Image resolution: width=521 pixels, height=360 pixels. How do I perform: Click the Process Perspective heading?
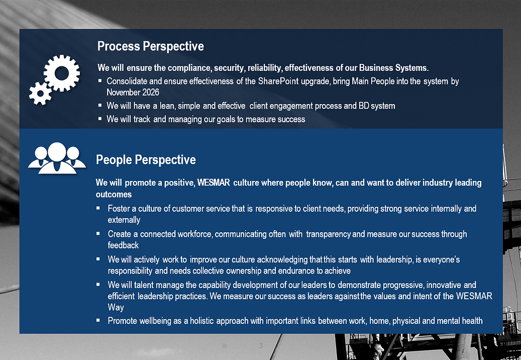(x=151, y=46)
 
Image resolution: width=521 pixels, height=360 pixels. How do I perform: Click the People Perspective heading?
(x=146, y=160)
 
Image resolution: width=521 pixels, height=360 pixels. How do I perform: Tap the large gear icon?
(x=62, y=73)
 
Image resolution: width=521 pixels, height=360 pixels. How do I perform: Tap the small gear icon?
(x=40, y=94)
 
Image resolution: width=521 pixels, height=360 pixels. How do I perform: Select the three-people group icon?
(x=57, y=158)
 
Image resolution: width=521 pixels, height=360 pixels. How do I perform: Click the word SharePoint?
(x=278, y=81)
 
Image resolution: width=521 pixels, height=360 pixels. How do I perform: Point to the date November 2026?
(x=133, y=92)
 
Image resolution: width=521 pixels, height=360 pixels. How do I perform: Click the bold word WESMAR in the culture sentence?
(x=214, y=183)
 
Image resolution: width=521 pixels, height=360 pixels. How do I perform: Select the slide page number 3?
(x=260, y=345)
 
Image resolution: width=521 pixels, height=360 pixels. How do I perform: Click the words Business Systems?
(x=393, y=68)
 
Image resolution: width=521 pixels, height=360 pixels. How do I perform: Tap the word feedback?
(x=123, y=245)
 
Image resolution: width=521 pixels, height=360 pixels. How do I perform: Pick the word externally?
(x=124, y=220)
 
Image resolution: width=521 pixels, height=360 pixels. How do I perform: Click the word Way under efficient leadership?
(x=116, y=307)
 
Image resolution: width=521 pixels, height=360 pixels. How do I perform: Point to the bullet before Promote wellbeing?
(x=98, y=320)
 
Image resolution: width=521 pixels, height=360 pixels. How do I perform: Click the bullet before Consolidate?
(x=100, y=81)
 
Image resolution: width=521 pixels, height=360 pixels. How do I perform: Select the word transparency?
(x=328, y=234)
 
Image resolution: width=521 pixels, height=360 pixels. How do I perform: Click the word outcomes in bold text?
(x=114, y=195)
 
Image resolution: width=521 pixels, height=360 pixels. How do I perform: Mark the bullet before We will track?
(x=100, y=119)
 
